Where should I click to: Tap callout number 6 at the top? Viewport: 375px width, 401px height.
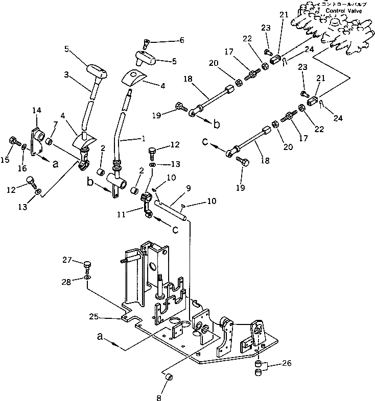(167, 40)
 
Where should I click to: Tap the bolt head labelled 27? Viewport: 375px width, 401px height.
(87, 265)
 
